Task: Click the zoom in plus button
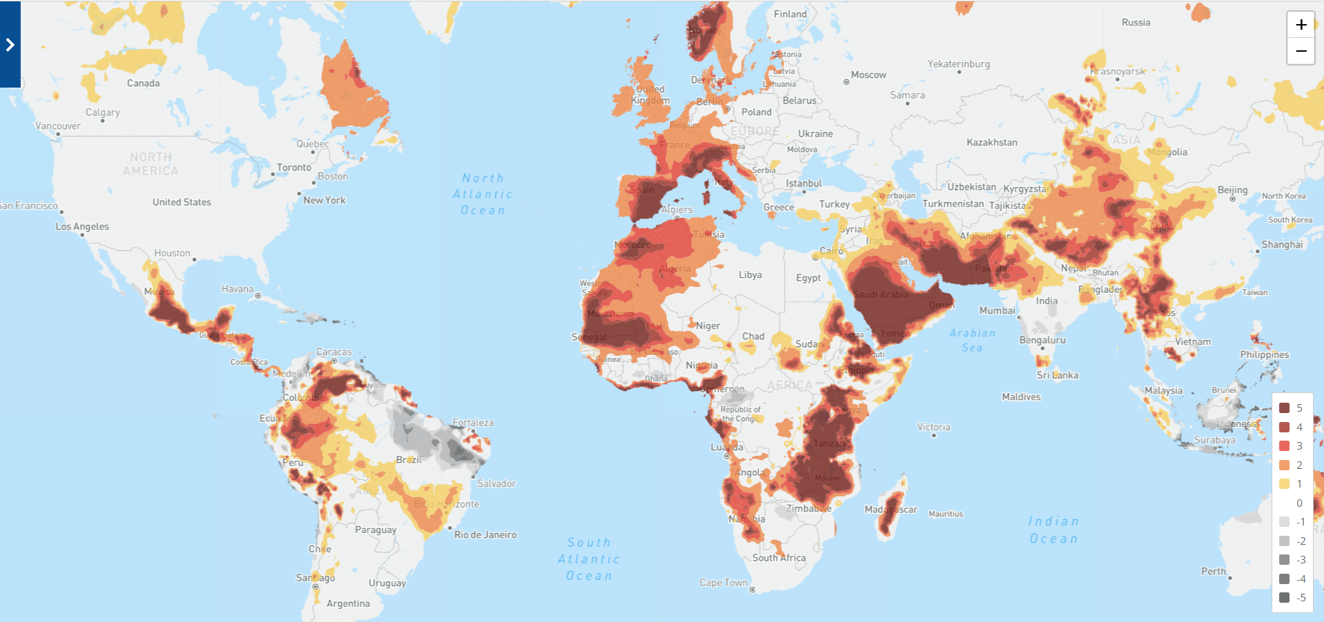(1301, 25)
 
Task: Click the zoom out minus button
(1301, 51)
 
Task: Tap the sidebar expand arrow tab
(10, 45)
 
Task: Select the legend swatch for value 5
(1284, 408)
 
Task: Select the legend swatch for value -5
(1284, 598)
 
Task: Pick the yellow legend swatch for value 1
(1284, 484)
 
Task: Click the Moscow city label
(868, 75)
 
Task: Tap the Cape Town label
(723, 583)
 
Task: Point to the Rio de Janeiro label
(485, 535)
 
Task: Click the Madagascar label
(891, 510)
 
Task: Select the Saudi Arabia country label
(881, 295)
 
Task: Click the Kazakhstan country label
(992, 143)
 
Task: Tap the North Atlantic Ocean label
(483, 194)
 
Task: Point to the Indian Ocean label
(1053, 530)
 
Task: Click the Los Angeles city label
(82, 227)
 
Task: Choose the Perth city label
(1213, 572)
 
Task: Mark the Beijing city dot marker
(1232, 199)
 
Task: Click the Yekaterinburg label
(959, 64)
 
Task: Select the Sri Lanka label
(1057, 376)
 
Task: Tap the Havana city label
(237, 290)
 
